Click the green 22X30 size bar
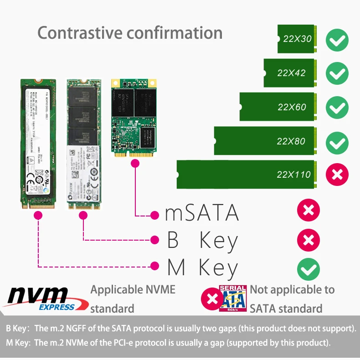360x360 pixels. click(296, 39)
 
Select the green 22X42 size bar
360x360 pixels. click(289, 73)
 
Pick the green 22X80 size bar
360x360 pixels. click(264, 141)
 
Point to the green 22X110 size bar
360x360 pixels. click(246, 175)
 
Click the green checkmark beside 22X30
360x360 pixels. click(337, 40)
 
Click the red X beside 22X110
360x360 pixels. click(337, 174)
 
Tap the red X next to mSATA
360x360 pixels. click(309, 210)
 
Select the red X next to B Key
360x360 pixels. click(309, 240)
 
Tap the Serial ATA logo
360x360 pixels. click(233, 299)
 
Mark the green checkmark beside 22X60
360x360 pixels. click(337, 108)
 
